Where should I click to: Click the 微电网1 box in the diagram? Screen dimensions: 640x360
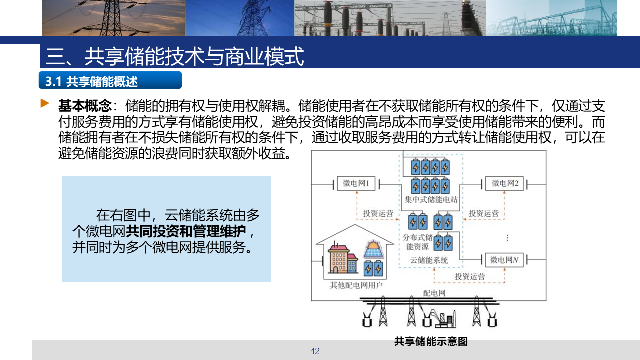[356, 183]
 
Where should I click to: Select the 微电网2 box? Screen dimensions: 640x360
[505, 183]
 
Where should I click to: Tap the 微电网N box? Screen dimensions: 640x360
[504, 260]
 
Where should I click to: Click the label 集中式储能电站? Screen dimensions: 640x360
[431, 200]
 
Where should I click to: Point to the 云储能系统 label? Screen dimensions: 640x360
[429, 260]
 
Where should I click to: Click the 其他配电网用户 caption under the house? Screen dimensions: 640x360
[356, 285]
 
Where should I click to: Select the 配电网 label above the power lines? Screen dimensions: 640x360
[434, 293]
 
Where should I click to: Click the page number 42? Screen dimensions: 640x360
[315, 351]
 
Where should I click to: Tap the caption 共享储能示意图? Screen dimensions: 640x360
[431, 341]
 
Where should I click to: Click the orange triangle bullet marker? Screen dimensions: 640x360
[45, 103]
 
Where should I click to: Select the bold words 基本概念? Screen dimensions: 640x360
[85, 106]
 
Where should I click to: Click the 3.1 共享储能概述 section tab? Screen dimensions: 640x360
[110, 80]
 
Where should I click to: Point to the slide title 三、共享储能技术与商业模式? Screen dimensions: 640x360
[174, 56]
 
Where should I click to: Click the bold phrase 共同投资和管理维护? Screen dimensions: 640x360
[185, 231]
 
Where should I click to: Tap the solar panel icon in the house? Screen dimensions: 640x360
[373, 249]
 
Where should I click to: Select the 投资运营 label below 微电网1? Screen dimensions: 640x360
[378, 213]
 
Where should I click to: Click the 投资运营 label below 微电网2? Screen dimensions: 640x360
[483, 213]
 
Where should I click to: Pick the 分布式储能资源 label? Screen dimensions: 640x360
[417, 242]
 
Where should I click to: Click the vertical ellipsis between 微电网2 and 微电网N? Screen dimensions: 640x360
[507, 238]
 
